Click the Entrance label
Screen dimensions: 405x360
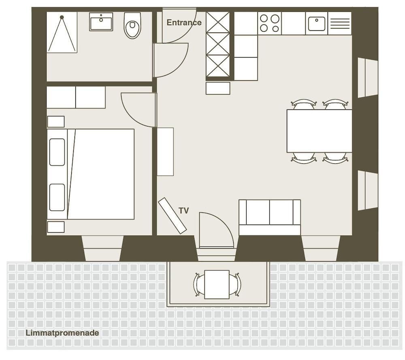pyautogui.click(x=184, y=23)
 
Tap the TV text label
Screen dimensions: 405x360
pyautogui.click(x=183, y=211)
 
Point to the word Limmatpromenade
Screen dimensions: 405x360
pyautogui.click(x=62, y=333)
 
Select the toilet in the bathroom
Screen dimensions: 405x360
pyautogui.click(x=132, y=26)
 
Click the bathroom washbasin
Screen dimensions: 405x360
pyautogui.click(x=101, y=22)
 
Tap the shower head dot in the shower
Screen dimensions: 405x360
pyautogui.click(x=62, y=17)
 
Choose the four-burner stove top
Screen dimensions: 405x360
pyautogui.click(x=269, y=23)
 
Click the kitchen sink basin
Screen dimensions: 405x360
pyautogui.click(x=317, y=24)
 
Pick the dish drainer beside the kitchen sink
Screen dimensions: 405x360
pyautogui.click(x=340, y=23)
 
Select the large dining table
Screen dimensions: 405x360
pyautogui.click(x=319, y=131)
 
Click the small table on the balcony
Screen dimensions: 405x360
pyautogui.click(x=217, y=285)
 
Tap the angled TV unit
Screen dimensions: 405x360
pyautogui.click(x=172, y=216)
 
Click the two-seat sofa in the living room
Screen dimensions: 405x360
pyautogui.click(x=270, y=217)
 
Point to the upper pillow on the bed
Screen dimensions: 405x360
pyautogui.click(x=57, y=152)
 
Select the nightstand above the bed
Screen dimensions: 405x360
pyautogui.click(x=56, y=122)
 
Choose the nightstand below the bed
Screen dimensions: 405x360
pyautogui.click(x=56, y=227)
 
